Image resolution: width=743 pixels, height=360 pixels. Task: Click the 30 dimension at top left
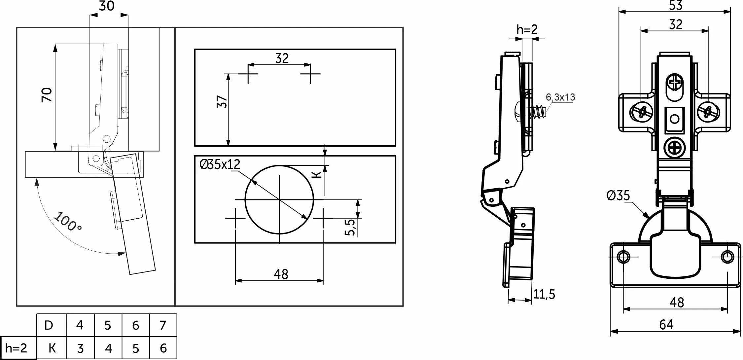tap(106, 6)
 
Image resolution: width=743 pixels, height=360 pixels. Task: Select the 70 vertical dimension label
tap(47, 95)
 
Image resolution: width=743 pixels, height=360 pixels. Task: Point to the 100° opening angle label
tap(68, 222)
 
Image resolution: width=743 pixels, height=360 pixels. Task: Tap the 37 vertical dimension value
tap(222, 101)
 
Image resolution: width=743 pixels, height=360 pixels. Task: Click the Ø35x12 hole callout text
tap(220, 164)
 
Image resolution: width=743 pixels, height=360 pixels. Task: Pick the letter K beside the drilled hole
tap(317, 174)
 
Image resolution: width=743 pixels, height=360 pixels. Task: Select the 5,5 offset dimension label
tap(350, 227)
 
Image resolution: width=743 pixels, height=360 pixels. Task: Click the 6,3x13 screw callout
tap(560, 97)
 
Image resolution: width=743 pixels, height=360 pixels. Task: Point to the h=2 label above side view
tap(527, 30)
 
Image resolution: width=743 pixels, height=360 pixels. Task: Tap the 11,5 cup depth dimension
tap(544, 294)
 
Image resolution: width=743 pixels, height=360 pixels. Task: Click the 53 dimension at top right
tap(676, 6)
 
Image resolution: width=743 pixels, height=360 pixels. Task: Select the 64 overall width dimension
tap(666, 325)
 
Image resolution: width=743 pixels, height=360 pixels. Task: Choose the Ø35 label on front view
tap(618, 196)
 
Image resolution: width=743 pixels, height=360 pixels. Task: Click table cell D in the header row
tap(49, 325)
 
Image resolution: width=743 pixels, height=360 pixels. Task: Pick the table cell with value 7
tap(163, 325)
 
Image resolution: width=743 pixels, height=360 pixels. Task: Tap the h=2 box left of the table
tap(17, 348)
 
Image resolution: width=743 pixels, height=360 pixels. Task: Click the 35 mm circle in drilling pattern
tap(279, 199)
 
